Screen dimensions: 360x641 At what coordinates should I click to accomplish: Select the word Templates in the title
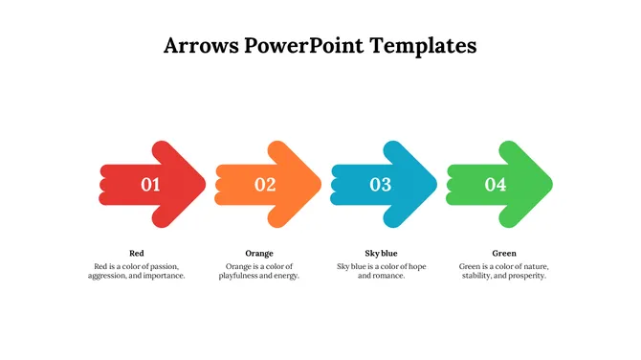(x=427, y=45)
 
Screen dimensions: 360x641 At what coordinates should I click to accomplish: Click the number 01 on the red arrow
(x=150, y=185)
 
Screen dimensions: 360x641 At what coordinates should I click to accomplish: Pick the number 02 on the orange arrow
(x=265, y=185)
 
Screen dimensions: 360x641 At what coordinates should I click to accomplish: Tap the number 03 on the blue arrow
(x=381, y=185)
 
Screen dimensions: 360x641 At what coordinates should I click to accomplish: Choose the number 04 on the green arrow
(x=496, y=185)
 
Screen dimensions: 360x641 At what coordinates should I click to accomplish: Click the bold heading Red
(x=136, y=253)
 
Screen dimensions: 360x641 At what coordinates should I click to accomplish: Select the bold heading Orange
(x=259, y=253)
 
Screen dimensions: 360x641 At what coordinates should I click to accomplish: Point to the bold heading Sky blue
(x=381, y=253)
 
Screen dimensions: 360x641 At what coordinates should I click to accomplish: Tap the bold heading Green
(x=503, y=253)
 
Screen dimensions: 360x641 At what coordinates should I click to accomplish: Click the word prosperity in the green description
(x=525, y=276)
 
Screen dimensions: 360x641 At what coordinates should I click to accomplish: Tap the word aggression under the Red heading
(x=108, y=276)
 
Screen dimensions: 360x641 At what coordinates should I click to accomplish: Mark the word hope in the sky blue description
(x=414, y=265)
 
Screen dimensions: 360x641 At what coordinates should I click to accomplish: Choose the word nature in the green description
(x=532, y=265)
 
